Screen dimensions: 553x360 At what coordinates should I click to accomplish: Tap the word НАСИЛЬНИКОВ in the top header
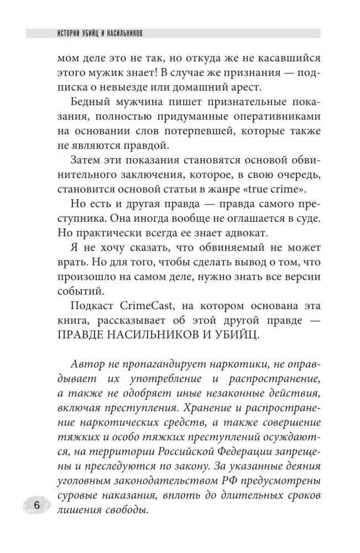122,33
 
